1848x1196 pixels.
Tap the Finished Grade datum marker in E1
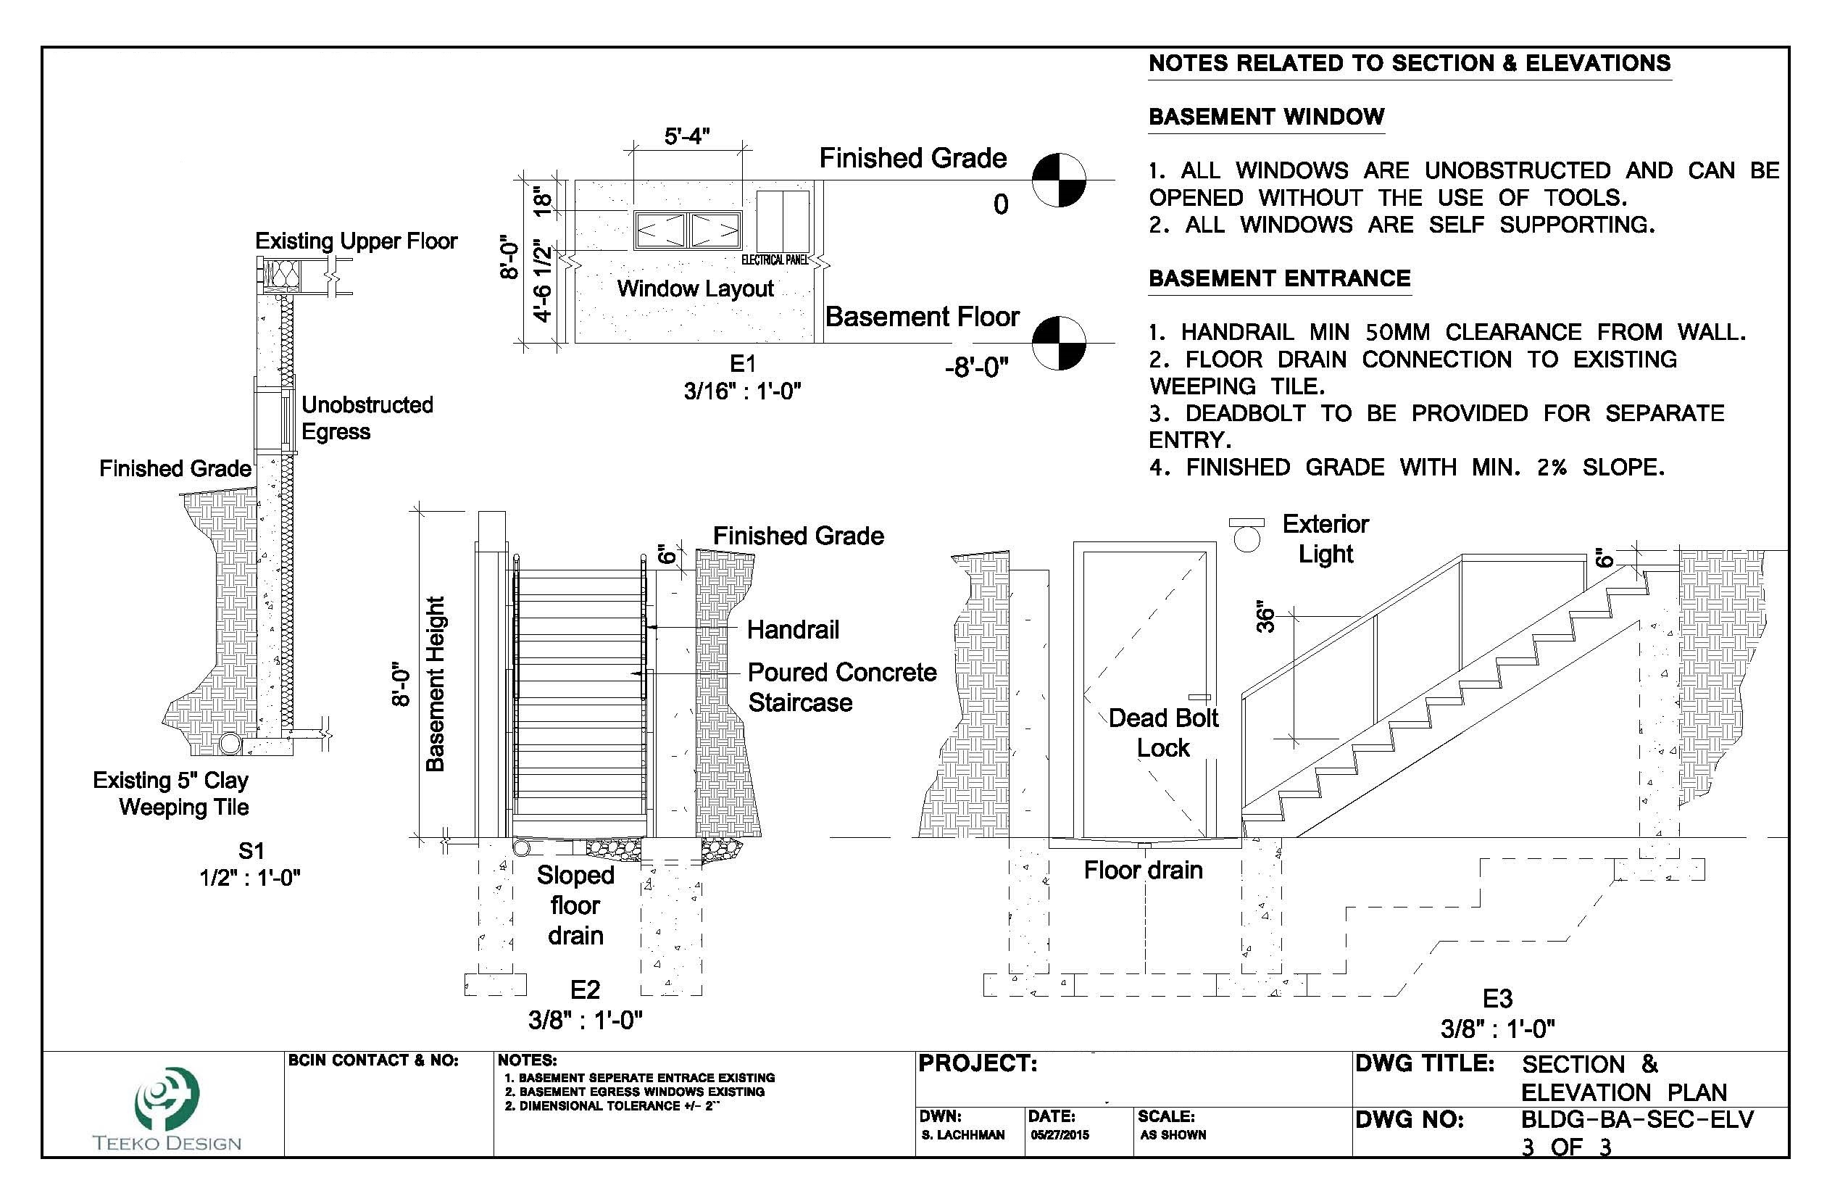pos(1058,180)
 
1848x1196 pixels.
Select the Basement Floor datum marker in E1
pos(1058,342)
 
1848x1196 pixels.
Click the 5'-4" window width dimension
pos(687,137)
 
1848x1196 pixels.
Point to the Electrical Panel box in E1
pos(783,220)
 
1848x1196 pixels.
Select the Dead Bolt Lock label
pos(1163,732)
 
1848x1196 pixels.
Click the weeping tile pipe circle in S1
pos(230,743)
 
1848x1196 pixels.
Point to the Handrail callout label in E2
pos(793,629)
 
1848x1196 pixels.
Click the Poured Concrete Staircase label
pos(841,687)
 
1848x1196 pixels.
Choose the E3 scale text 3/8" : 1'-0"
pos(1497,1029)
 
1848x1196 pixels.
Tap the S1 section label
pos(251,850)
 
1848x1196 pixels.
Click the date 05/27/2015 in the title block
pos(1060,1134)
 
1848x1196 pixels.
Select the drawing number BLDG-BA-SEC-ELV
pos(1637,1119)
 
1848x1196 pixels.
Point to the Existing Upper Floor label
pos(357,241)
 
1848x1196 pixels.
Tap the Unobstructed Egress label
pos(367,418)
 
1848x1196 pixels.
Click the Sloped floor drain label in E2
pos(575,905)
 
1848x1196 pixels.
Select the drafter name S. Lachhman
pos(963,1134)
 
